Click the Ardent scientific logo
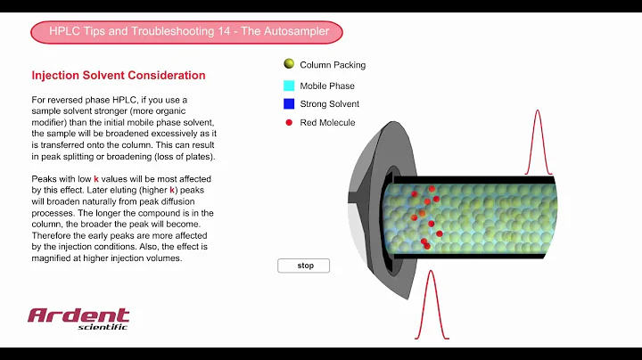78,318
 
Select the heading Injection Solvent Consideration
119,76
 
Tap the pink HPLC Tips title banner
186,32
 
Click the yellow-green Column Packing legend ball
289,64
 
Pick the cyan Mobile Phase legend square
289,86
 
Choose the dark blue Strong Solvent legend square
289,104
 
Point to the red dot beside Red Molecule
289,122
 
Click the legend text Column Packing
333,65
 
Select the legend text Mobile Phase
327,86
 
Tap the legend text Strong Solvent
329,104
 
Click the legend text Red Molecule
327,123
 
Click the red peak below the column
432,303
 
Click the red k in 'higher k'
172,191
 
